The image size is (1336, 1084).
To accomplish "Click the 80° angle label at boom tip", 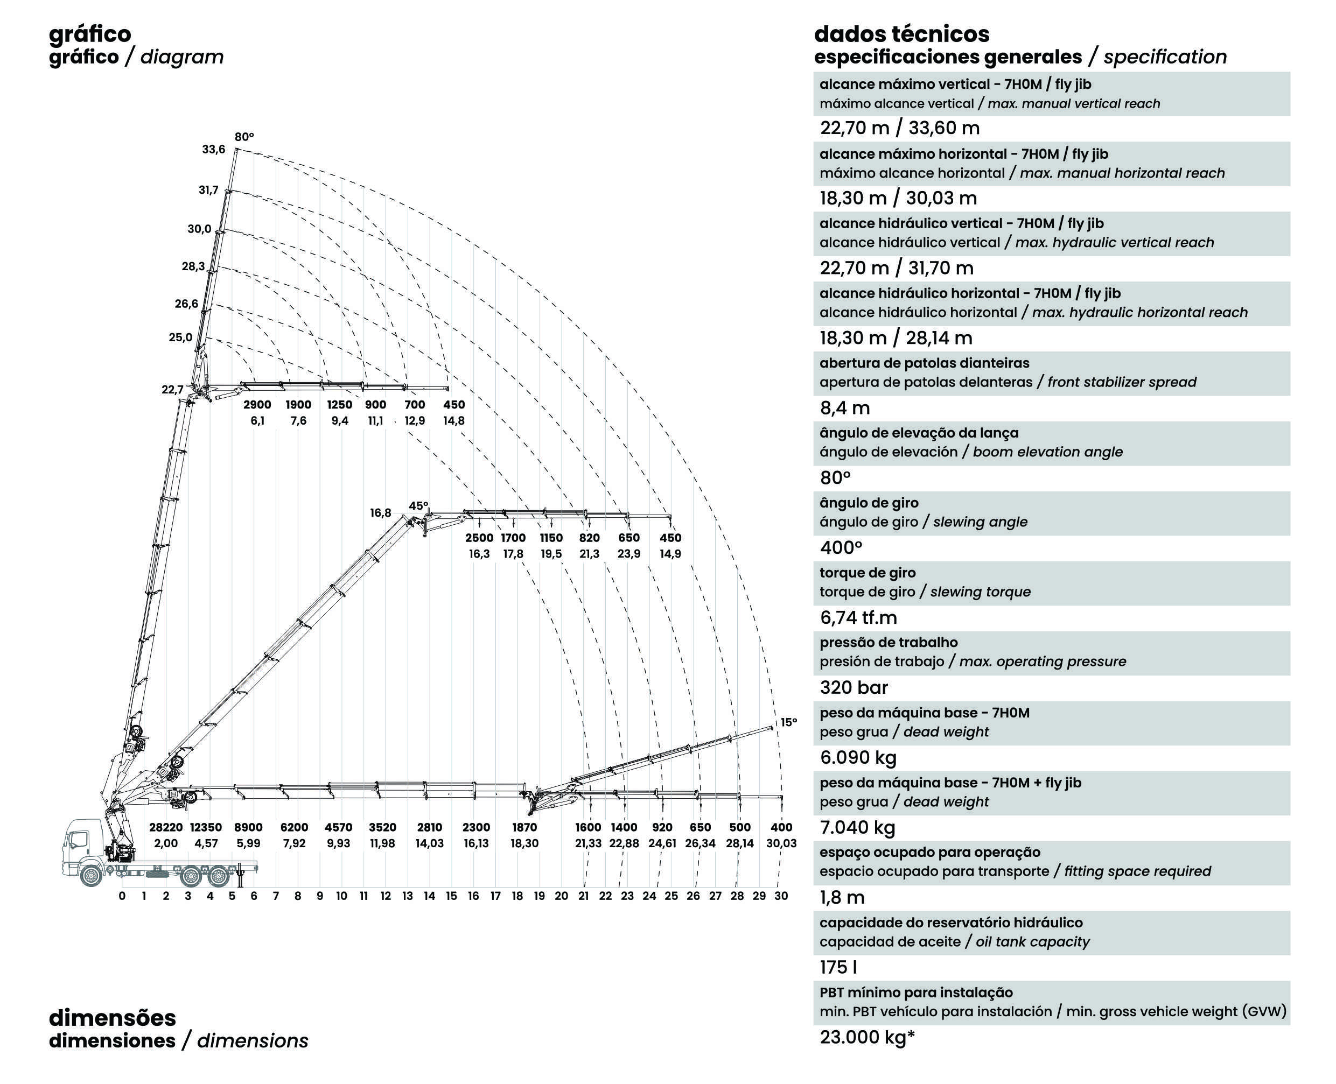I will tap(244, 137).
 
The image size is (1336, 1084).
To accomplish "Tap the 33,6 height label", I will tap(214, 149).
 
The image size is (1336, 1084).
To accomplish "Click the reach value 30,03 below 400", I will tap(781, 843).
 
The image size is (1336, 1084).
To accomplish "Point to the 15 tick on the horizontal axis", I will tap(451, 896).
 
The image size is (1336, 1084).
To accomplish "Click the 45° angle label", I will tap(418, 506).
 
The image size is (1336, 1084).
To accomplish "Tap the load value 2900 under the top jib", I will tap(257, 405).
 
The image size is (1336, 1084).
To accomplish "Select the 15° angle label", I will tap(789, 722).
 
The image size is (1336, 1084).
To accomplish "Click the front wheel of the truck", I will tap(91, 875).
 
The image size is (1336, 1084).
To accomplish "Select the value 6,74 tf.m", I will tap(858, 617).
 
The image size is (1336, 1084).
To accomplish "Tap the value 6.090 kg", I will tap(858, 757).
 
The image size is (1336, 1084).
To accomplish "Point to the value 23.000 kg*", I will tap(867, 1037).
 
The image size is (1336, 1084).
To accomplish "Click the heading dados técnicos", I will tap(902, 34).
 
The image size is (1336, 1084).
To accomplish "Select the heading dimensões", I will tap(113, 1017).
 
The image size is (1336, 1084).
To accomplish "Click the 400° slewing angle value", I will tap(841, 547).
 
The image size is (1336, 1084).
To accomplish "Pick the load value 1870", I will tap(524, 827).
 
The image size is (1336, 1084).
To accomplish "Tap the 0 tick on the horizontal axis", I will tap(122, 896).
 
